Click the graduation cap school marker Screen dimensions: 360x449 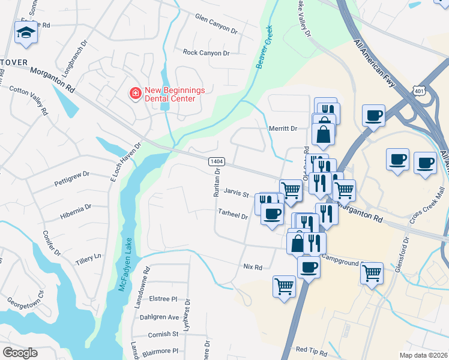[x=25, y=33]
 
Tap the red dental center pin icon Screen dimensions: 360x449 [x=135, y=94]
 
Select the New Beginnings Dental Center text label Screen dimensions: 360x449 [x=175, y=94]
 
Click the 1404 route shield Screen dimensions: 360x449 [x=217, y=162]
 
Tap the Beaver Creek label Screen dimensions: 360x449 [x=264, y=47]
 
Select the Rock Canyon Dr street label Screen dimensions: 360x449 [x=206, y=53]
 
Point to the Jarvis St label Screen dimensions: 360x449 [x=236, y=194]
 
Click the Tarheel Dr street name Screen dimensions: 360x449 [x=233, y=215]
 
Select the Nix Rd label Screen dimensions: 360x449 [x=253, y=267]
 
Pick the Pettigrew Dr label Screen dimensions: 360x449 [x=71, y=174]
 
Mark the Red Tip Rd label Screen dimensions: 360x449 [x=311, y=349]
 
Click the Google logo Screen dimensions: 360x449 [x=20, y=353]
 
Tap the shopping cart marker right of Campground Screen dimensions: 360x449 [x=372, y=274]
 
